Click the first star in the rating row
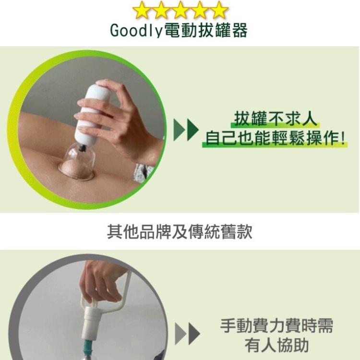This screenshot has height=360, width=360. coord(142,10)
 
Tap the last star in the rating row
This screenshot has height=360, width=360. coord(219,10)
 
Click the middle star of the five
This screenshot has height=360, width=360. coord(180,10)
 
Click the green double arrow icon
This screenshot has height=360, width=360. coord(186,131)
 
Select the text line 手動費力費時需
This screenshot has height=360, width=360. coord(276,326)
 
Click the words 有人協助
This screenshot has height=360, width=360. coord(276,346)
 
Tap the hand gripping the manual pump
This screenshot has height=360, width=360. coord(98,281)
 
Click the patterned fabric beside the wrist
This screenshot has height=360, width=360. coord(143,172)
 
